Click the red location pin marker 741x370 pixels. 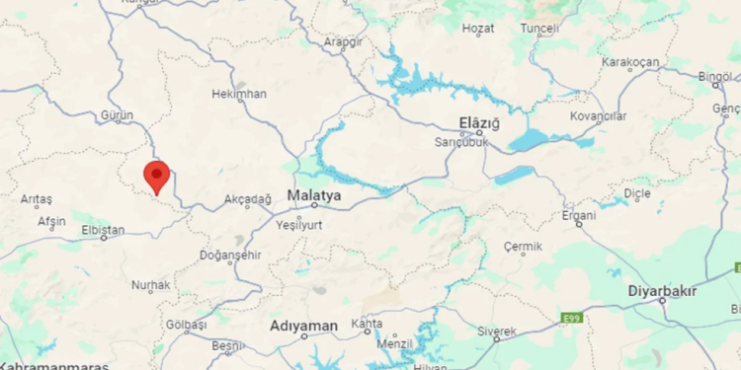pos(156,176)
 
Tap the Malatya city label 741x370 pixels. pos(314,195)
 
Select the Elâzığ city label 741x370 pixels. pos(480,123)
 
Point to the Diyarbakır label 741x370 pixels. pos(663,291)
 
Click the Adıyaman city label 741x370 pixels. pos(304,326)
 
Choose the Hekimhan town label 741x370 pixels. pos(239,94)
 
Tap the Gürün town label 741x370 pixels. pos(117,115)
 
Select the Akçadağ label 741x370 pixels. pos(247,199)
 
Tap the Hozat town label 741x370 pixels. pos(477,30)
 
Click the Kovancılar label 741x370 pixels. pos(599,116)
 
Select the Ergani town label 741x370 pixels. pos(579,215)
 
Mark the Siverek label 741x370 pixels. pos(497,330)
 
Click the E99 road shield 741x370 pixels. pos(570,318)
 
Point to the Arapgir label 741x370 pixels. pos(345,41)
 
